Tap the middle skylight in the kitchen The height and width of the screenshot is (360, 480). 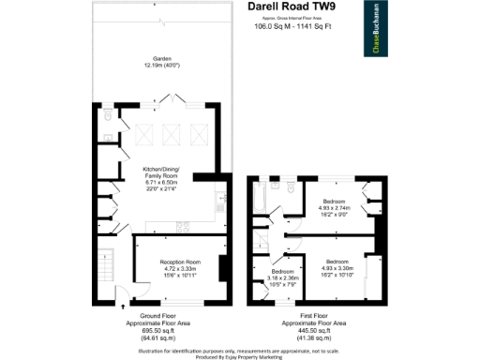tap(171, 137)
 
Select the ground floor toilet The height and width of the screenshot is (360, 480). tap(109, 116)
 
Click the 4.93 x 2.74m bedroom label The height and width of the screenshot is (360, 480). tap(336, 207)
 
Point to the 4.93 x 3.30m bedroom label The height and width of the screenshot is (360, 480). tap(337, 265)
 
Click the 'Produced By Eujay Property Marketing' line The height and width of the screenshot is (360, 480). tap(240, 356)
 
